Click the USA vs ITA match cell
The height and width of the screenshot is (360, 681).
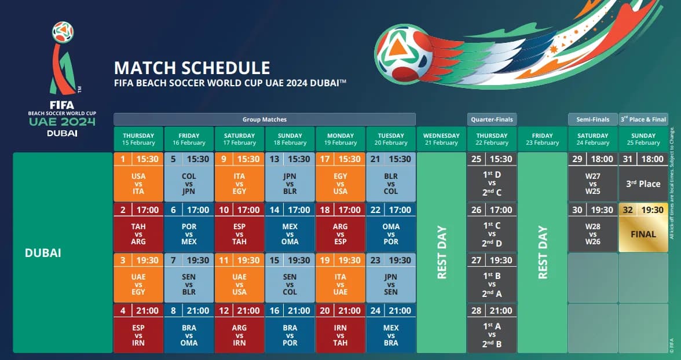[x=138, y=183]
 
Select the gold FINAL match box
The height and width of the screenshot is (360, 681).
[x=643, y=234]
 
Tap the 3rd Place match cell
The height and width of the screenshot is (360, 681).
[x=643, y=183]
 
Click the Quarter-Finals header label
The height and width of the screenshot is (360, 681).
[x=492, y=119]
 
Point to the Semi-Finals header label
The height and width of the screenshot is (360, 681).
[x=592, y=119]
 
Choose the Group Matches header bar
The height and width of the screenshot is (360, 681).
[x=265, y=119]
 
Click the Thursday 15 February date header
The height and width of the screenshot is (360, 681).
[x=138, y=139]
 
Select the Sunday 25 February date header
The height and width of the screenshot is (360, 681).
[x=643, y=139]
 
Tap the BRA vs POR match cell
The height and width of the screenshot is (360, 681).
[x=290, y=335]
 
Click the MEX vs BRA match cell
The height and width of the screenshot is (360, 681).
[x=391, y=335]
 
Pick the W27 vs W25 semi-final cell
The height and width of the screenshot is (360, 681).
[x=592, y=183]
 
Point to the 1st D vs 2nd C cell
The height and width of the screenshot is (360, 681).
[x=492, y=183]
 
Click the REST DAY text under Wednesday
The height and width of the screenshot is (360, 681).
[x=442, y=252]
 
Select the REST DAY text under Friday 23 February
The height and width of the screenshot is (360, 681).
[x=543, y=252]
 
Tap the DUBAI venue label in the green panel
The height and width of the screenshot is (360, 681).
[x=43, y=253]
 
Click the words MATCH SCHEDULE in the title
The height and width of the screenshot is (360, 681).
[x=192, y=68]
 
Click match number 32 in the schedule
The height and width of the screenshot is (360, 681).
[x=628, y=210]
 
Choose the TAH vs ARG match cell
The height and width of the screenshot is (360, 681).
[x=138, y=234]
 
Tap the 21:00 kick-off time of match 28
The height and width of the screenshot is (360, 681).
[x=501, y=310]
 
